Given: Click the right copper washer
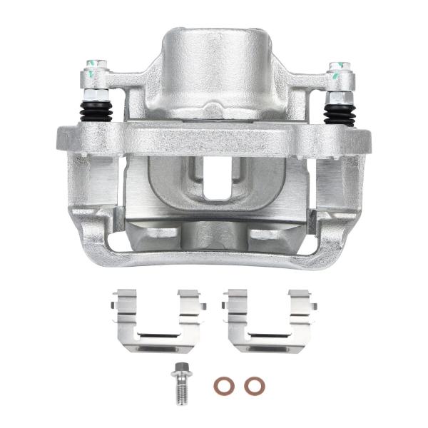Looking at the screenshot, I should coord(253,386).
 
